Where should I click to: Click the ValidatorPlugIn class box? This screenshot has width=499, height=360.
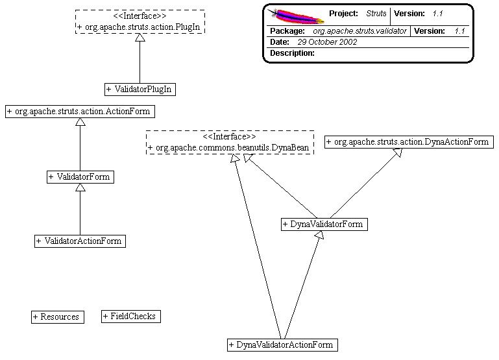[140, 88]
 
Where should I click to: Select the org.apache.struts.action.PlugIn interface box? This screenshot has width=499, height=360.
[140, 21]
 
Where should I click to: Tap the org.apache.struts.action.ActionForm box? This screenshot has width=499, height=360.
[80, 111]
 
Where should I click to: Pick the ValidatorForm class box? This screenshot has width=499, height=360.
[80, 176]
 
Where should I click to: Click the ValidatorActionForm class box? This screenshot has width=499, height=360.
[79, 241]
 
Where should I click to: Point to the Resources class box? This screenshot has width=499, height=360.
[57, 317]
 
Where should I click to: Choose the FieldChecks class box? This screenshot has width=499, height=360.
[130, 316]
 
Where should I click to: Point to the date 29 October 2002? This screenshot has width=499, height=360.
[327, 42]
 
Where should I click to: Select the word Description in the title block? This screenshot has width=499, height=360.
[292, 53]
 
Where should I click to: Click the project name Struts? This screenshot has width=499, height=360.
[376, 14]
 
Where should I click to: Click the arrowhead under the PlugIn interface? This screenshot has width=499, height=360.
[140, 38]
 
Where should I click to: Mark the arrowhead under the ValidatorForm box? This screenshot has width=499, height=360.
[80, 187]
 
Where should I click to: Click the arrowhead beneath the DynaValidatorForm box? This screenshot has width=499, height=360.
[319, 235]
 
